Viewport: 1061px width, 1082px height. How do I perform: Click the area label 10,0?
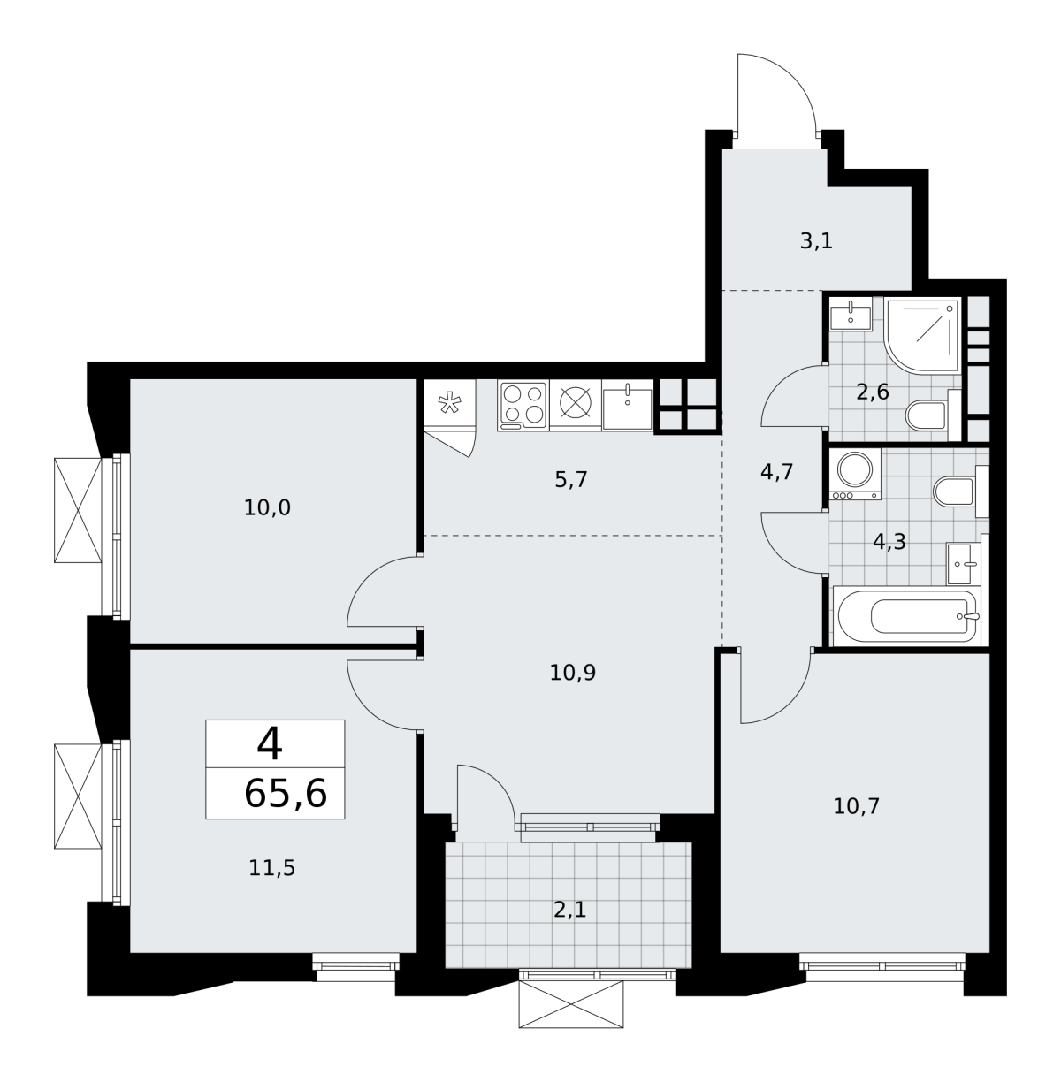267,508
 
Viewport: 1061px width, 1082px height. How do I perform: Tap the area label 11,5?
271,868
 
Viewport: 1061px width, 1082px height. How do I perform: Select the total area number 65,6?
286,794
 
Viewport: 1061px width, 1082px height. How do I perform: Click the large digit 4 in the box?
270,743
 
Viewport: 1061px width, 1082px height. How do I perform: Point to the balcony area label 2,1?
569,909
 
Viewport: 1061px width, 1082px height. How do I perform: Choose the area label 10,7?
856,806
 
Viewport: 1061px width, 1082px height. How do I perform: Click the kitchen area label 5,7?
570,479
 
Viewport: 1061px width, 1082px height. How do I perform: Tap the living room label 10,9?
572,672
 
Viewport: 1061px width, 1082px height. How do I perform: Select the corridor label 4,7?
777,472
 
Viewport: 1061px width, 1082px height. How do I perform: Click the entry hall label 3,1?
816,241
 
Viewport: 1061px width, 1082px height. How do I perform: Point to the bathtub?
906,615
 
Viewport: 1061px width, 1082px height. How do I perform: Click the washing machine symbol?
855,475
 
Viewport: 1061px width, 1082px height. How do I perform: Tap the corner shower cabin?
921,335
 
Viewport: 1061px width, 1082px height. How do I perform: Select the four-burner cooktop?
523,406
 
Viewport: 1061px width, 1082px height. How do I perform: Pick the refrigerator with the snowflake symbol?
449,402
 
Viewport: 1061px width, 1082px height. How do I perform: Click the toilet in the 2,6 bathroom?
933,415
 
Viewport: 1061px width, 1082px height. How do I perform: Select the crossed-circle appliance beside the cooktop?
576,406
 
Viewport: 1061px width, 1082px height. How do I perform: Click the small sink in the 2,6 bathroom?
851,314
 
